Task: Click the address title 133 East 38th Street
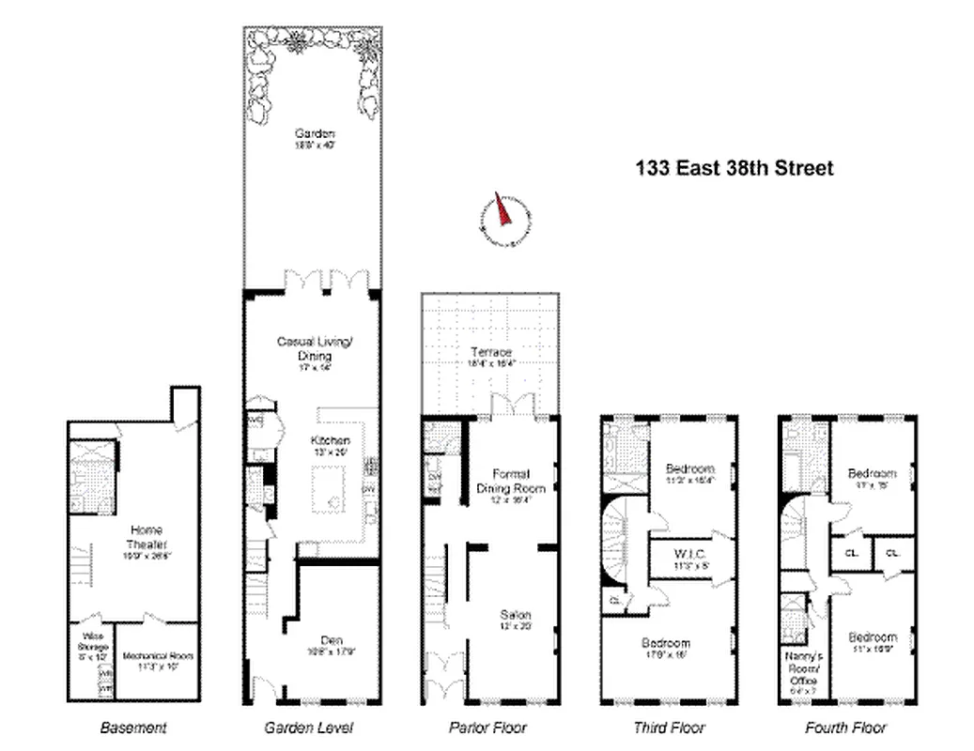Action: [x=734, y=169]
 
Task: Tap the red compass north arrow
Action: [x=502, y=212]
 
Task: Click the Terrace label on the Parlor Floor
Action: [x=490, y=352]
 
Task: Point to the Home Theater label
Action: [x=146, y=536]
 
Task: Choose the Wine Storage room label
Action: [x=93, y=648]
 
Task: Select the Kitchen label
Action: [x=331, y=440]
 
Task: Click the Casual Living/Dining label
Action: [x=315, y=348]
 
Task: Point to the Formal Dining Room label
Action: [x=510, y=481]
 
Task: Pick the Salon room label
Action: [x=515, y=615]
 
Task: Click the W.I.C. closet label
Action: [x=689, y=553]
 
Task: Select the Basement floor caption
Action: [x=132, y=728]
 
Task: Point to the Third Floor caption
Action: [x=668, y=728]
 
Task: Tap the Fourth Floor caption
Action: [x=845, y=728]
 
